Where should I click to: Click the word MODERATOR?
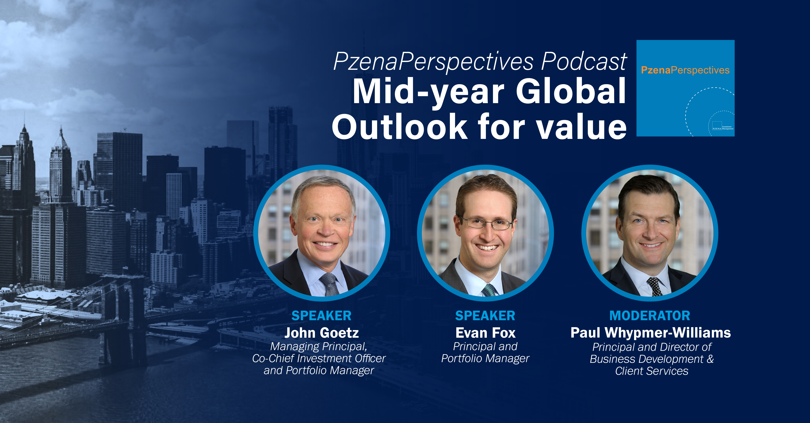(650, 316)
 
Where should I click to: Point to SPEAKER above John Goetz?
(321, 316)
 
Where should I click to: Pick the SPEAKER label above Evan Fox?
(485, 316)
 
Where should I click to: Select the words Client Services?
(652, 371)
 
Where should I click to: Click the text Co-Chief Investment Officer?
(319, 358)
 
